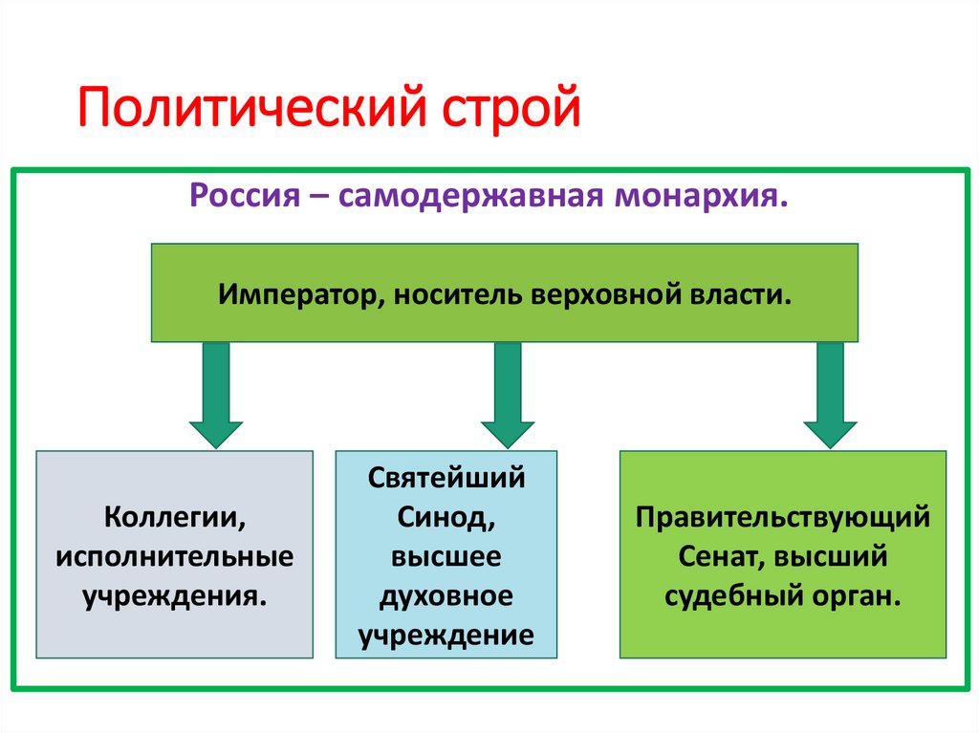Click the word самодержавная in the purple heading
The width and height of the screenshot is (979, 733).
[466, 198]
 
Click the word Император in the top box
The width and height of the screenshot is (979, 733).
[299, 292]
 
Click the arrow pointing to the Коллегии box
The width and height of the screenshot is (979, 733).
[216, 394]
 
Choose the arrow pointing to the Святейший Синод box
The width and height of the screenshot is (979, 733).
[508, 394]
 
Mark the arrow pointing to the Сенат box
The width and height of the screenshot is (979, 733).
[830, 394]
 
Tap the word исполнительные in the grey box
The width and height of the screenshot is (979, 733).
[174, 557]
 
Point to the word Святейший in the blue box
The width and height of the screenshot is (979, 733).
[446, 477]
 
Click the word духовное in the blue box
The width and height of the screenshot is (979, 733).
[446, 597]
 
